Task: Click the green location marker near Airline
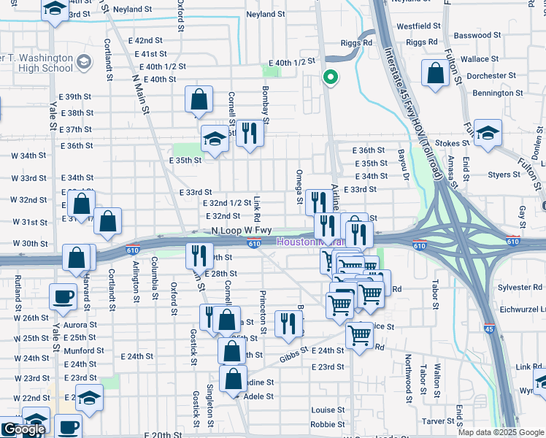pos(330,77)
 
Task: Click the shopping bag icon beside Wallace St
pos(435,74)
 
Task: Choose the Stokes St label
pos(450,143)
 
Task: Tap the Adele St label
pos(258,396)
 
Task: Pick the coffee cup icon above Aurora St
pos(62,297)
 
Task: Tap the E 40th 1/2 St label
pos(291,63)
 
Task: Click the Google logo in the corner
pos(23,429)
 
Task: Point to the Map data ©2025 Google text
pos(500,432)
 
